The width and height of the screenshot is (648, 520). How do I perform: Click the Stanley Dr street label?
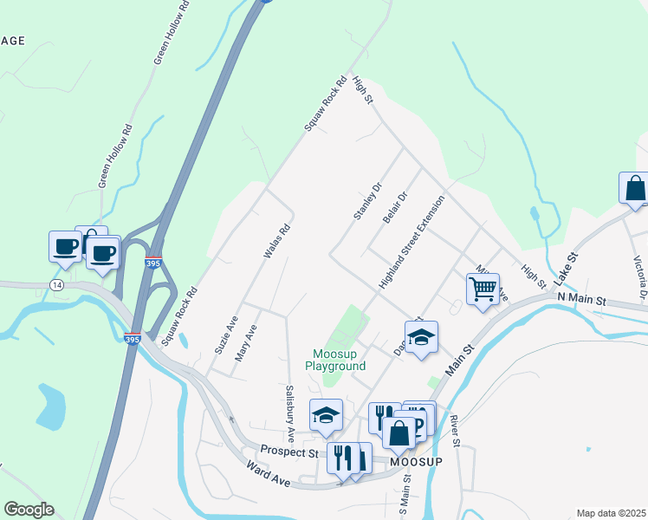click(367, 201)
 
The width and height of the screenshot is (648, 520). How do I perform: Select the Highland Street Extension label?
click(411, 243)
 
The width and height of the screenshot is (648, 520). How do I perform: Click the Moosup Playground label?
click(340, 360)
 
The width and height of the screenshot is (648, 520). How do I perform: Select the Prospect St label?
click(292, 452)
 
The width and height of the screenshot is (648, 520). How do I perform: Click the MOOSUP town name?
click(417, 461)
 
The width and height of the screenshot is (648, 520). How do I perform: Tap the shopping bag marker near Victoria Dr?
click(634, 188)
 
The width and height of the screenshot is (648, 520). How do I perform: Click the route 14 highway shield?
click(56, 284)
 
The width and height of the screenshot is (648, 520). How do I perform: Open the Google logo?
click(29, 510)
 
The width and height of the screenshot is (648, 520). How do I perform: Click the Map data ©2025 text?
click(610, 513)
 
